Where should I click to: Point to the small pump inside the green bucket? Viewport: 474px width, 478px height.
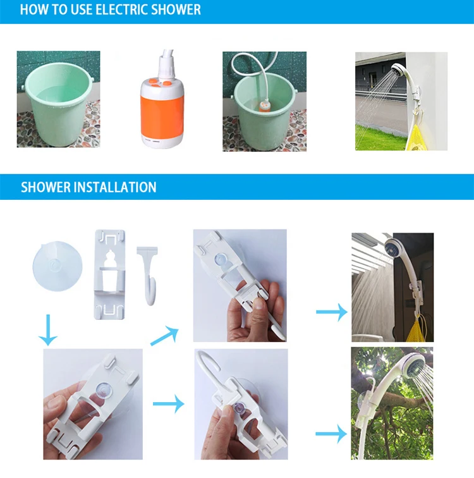pos(265,106)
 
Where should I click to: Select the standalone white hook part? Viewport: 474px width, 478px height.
pos(149,275)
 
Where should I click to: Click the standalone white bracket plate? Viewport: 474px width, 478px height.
pos(110,274)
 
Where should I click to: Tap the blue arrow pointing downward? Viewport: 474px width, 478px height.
pos(48,330)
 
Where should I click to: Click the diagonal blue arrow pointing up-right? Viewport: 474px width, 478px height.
pos(164,336)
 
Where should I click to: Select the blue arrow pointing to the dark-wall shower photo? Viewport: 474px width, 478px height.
pos(332,312)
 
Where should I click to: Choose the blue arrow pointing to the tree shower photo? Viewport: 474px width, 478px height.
pos(331,434)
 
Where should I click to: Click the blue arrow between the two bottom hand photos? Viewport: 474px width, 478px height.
pos(169,403)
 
